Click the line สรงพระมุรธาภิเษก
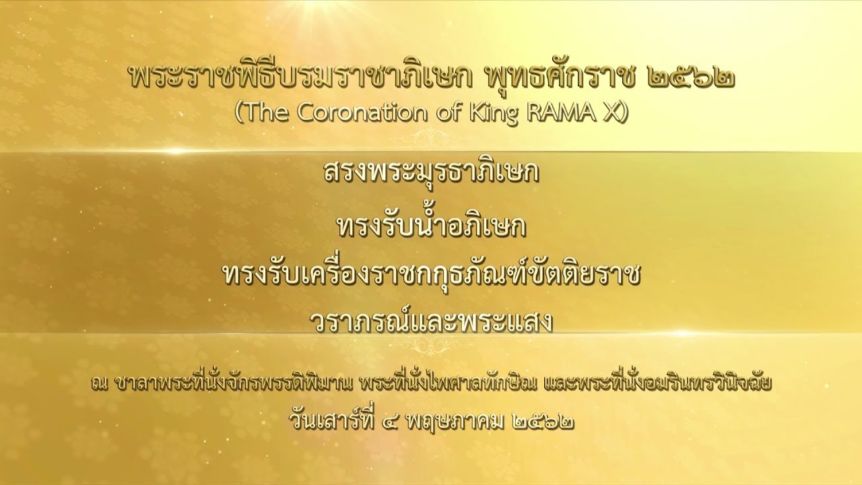coord(431,173)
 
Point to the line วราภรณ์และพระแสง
coord(431,322)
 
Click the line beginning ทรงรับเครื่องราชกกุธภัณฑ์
coord(431,275)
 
